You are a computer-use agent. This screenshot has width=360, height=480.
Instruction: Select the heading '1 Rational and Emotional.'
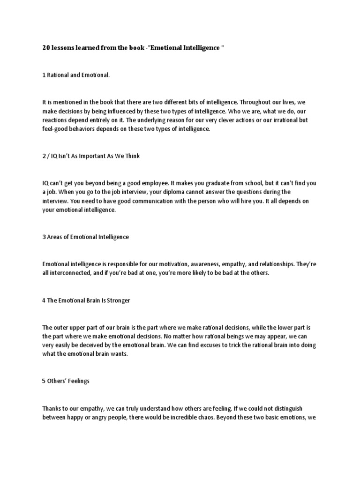(76, 75)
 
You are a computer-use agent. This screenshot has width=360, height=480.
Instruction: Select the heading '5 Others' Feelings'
(66, 381)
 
